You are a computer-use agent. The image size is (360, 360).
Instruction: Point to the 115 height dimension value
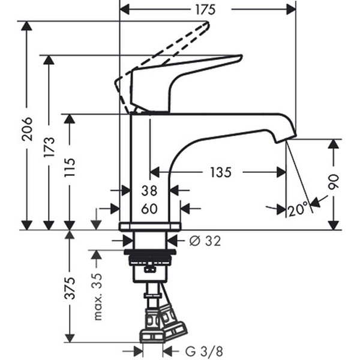click(70, 172)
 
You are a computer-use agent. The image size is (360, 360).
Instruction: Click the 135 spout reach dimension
click(220, 173)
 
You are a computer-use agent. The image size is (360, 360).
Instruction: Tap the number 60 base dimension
click(149, 209)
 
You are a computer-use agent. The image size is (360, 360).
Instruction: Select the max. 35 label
click(98, 297)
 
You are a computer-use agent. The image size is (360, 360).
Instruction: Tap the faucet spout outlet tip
click(282, 139)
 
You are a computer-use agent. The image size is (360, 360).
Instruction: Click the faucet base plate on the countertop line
click(150, 226)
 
